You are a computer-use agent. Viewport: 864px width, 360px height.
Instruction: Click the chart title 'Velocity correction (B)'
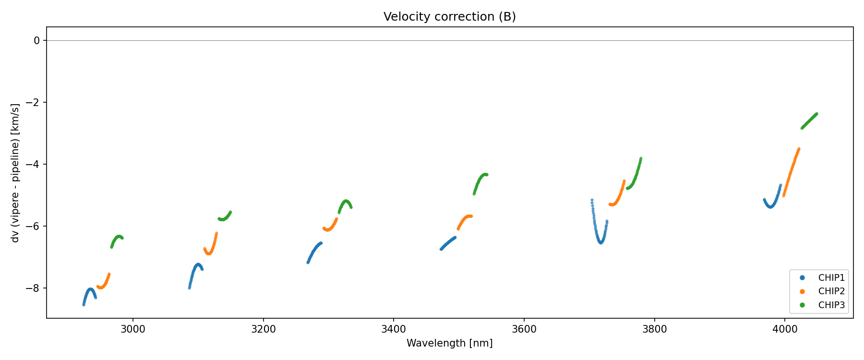point(449,17)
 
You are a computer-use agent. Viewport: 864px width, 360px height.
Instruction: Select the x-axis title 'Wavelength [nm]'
point(449,343)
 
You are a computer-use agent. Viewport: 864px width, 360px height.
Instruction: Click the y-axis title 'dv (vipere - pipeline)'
point(15,173)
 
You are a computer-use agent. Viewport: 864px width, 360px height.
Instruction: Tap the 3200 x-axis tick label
point(263,329)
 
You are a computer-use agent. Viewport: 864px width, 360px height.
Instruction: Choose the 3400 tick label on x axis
point(393,329)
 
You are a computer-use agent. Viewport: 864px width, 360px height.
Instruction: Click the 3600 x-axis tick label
point(524,329)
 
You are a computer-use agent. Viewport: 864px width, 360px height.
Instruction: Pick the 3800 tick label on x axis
point(654,329)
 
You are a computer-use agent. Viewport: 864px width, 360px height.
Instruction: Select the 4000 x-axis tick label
point(784,329)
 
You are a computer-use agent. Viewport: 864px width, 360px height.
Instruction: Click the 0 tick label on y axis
point(37,41)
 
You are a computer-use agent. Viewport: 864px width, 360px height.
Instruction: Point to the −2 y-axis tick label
point(34,103)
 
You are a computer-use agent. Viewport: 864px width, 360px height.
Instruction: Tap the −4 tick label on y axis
point(34,165)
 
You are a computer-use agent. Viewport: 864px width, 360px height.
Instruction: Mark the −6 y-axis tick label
point(34,227)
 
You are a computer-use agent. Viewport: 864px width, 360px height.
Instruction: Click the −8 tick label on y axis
point(34,288)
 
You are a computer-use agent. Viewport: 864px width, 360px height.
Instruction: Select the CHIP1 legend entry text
point(831,278)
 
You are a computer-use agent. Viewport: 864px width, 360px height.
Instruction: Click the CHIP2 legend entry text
point(831,291)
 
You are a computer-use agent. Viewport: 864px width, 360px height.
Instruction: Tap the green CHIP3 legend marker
point(802,305)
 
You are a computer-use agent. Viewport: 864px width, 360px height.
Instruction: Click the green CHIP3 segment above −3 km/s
point(809,120)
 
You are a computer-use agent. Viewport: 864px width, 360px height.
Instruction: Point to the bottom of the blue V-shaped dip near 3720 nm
point(600,243)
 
